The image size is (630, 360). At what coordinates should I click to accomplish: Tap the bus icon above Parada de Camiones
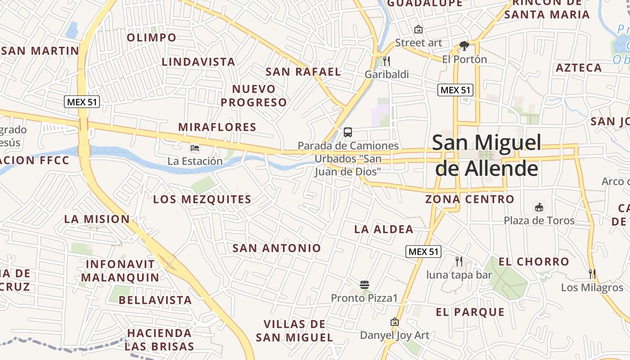pos(348,132)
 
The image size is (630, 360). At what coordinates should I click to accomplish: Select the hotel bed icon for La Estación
pos(195,148)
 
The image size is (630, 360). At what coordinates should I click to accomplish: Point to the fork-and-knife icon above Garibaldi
pos(386,61)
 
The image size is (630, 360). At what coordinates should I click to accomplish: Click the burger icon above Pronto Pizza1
pos(364,285)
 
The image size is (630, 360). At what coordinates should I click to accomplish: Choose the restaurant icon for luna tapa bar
pos(459,261)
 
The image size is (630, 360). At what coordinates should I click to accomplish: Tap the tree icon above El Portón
pos(464,46)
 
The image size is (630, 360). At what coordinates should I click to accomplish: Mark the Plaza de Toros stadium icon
pos(539,207)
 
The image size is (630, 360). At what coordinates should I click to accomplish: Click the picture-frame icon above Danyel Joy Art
pos(395,322)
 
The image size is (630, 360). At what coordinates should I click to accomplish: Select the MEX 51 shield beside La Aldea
pos(423,252)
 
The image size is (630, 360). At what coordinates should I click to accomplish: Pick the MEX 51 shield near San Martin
pos(82,102)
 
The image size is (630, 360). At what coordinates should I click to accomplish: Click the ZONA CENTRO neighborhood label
pos(470,199)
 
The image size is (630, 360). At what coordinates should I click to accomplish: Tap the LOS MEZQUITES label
pos(202,199)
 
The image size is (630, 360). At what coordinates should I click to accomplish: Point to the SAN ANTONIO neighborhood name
pos(277,248)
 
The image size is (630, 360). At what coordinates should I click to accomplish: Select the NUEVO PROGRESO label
pos(253,95)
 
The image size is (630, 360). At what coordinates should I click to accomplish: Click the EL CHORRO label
pos(534,261)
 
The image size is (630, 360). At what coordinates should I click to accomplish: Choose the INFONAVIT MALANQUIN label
pos(120,270)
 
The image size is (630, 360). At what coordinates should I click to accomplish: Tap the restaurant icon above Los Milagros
pos(592,274)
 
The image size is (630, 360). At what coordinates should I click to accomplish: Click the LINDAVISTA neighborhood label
pos(198,62)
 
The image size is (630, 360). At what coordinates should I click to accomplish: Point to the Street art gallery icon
pos(418,29)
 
